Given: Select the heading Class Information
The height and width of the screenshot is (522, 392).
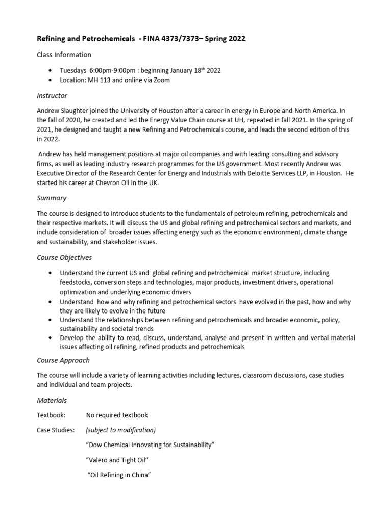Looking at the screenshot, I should pyautogui.click(x=64, y=55).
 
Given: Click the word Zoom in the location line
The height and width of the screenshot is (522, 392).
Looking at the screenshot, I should pyautogui.click(x=161, y=80).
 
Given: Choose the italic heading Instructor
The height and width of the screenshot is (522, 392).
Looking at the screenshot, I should pyautogui.click(x=52, y=95).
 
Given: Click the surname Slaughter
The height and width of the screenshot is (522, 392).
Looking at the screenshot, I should pyautogui.click(x=80, y=110).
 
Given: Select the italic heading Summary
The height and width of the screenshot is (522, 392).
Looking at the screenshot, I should pyautogui.click(x=52, y=198).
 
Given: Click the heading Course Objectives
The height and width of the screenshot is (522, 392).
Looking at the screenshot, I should pyautogui.click(x=64, y=257).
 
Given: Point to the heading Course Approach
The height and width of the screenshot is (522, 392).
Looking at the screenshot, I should pyautogui.click(x=63, y=360).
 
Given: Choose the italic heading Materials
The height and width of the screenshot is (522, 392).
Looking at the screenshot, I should pyautogui.click(x=52, y=400).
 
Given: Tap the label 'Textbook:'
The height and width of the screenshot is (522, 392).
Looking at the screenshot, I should pyautogui.click(x=52, y=415).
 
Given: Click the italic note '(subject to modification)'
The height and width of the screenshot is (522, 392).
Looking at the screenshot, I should pyautogui.click(x=121, y=430).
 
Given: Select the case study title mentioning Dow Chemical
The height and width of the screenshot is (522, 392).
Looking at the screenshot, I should pyautogui.click(x=151, y=445).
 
